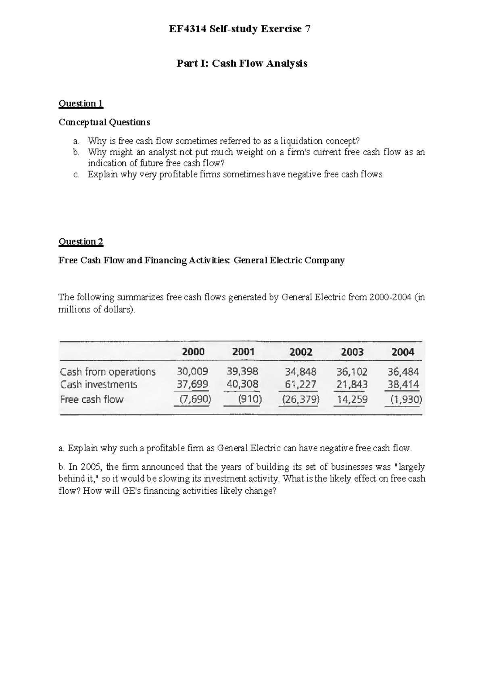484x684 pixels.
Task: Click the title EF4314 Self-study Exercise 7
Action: click(x=242, y=29)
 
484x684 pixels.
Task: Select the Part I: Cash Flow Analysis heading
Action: click(x=242, y=63)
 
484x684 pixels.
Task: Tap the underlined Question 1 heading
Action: click(x=81, y=104)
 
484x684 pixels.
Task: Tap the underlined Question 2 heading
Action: click(x=81, y=242)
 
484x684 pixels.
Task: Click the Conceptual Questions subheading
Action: click(x=104, y=122)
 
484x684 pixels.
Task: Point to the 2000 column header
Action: click(x=193, y=352)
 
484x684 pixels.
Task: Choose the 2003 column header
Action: click(x=352, y=352)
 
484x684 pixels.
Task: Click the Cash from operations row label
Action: click(x=108, y=371)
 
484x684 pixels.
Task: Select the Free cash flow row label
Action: click(x=92, y=399)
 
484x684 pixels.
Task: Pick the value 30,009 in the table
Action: click(x=192, y=371)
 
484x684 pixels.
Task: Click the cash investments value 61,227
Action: click(x=300, y=384)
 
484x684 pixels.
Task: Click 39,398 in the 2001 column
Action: click(x=242, y=371)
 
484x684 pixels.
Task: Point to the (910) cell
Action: click(x=250, y=400)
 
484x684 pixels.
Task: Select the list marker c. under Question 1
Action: click(x=76, y=175)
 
